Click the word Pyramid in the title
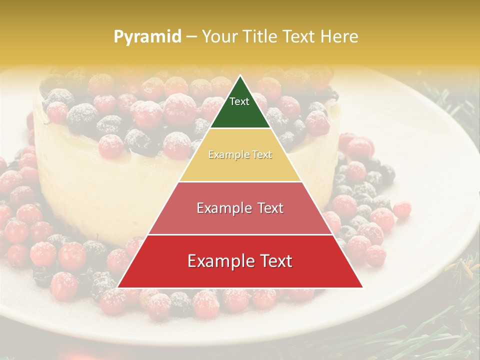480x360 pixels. click(x=147, y=37)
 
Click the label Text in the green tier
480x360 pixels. click(x=239, y=101)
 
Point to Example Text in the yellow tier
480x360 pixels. click(x=240, y=155)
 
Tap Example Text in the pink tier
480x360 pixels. click(x=240, y=208)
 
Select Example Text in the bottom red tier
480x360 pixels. click(x=240, y=261)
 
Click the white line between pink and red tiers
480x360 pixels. click(x=240, y=234)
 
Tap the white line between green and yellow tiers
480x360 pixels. click(x=240, y=128)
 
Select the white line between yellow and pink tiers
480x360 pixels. click(x=240, y=181)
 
